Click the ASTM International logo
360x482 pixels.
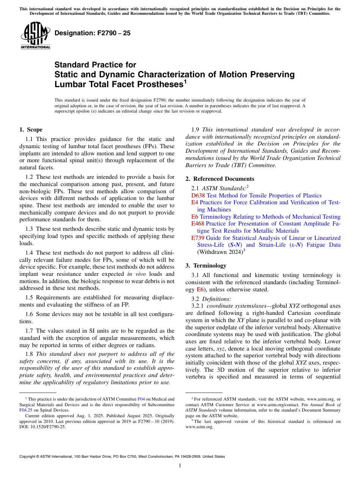tap(35, 36)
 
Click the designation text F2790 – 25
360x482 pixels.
tap(92, 33)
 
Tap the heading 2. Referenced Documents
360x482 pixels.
tap(220, 179)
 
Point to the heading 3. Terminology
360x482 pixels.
tap(206, 266)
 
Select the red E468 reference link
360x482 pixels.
tap(198, 224)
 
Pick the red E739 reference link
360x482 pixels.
tap(198, 238)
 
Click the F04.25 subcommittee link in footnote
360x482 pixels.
tap(25, 410)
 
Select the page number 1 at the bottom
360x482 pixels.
tap(180, 466)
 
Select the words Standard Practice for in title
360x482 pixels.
tap(95, 65)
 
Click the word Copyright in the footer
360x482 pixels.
tap(28, 457)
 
